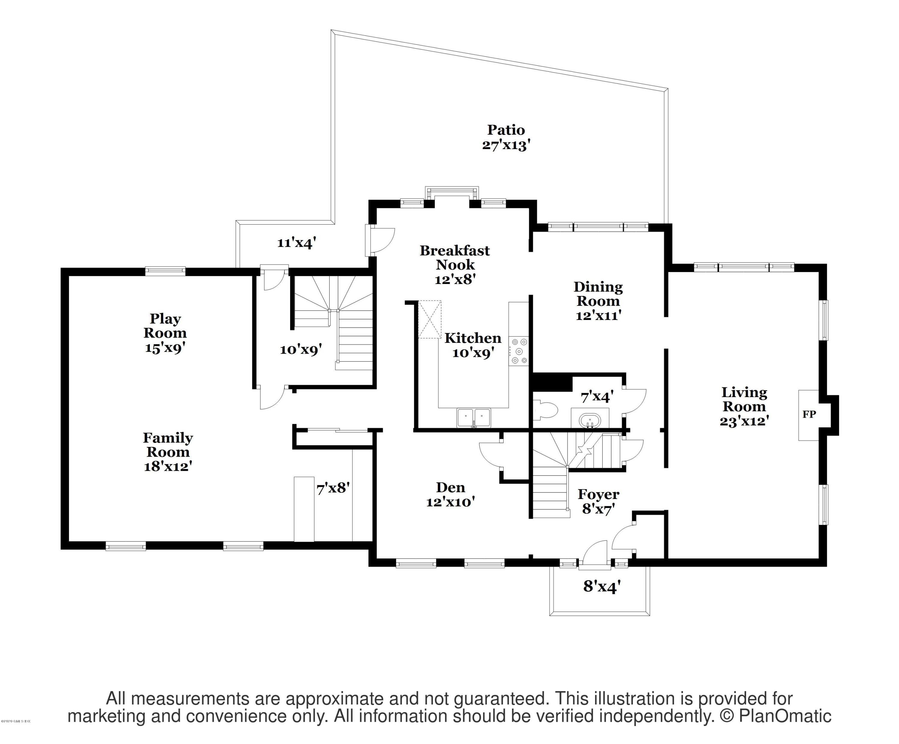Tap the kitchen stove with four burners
[x=519, y=351]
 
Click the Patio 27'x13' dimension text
[x=506, y=145]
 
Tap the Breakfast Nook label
[x=455, y=257]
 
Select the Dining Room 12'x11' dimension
[x=598, y=316]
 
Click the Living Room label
[x=744, y=399]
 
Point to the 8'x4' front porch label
[x=601, y=586]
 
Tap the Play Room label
[x=165, y=326]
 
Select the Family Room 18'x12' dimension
[x=168, y=466]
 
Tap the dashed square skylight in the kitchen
[x=429, y=320]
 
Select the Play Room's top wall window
[x=165, y=271]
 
